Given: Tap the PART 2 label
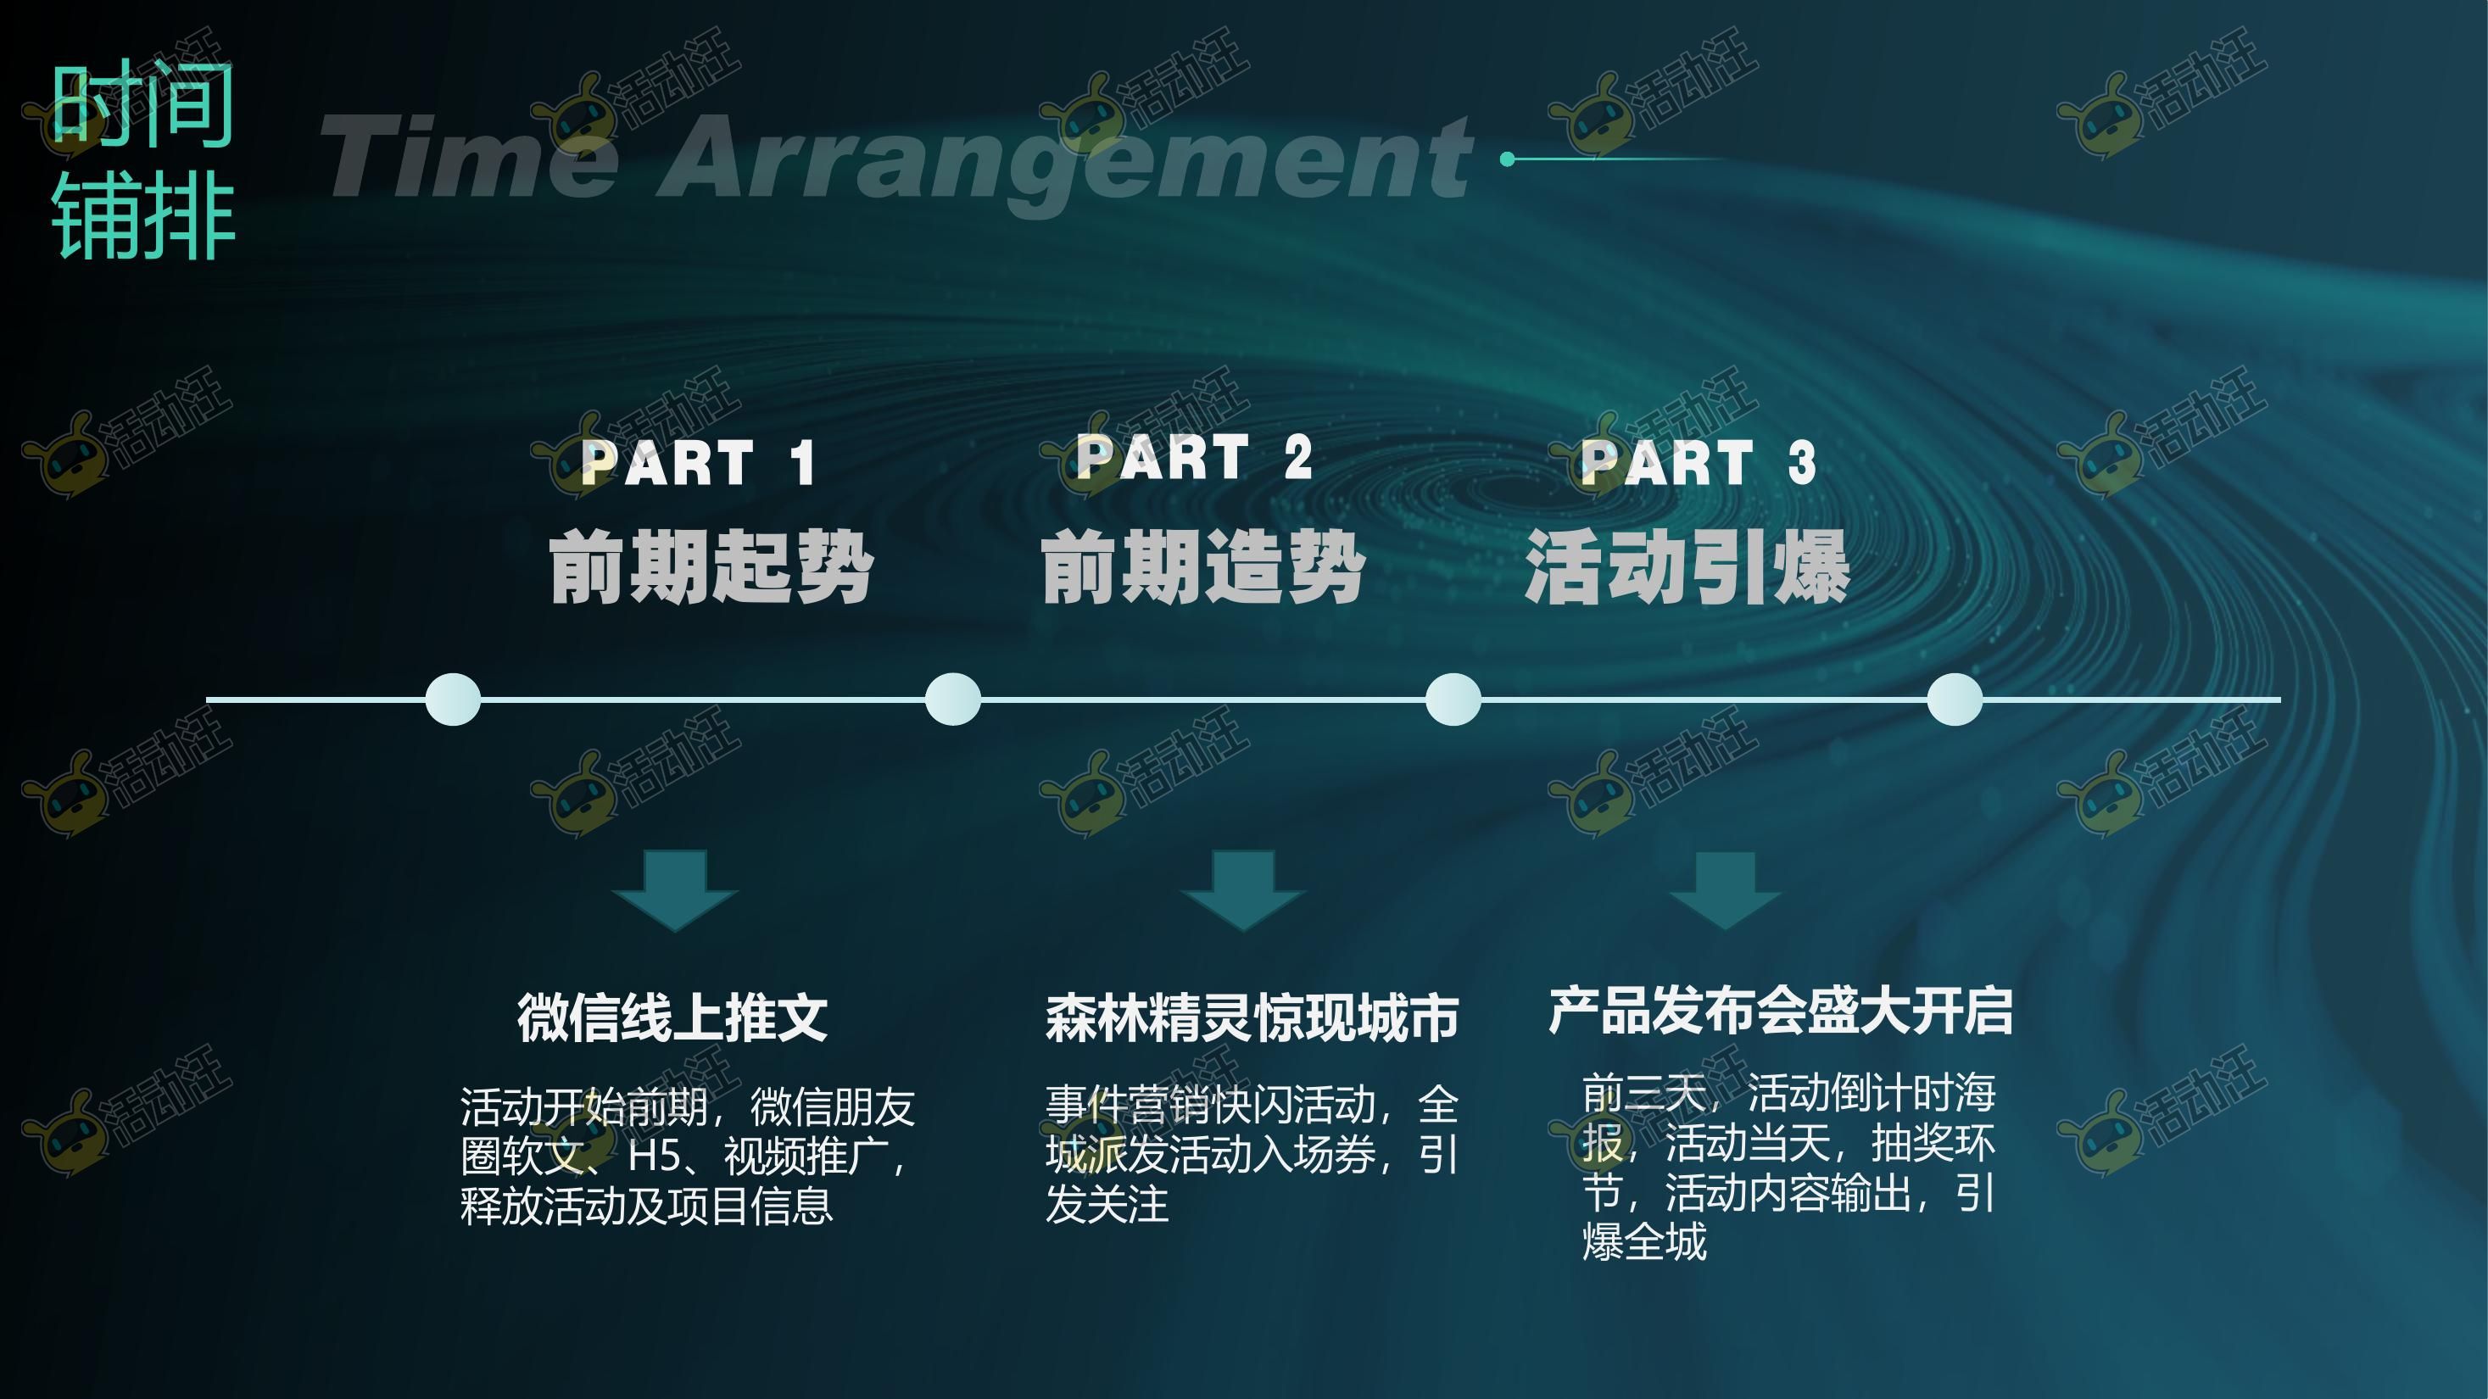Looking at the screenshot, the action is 1194,457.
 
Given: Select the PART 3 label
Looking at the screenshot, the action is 1698,461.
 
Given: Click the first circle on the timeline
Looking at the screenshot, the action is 453,699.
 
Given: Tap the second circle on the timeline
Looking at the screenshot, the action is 953,699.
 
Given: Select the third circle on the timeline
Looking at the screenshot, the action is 1453,699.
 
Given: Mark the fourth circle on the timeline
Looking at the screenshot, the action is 1955,699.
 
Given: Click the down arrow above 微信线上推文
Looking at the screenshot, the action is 675,890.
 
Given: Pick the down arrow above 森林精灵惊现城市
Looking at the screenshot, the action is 1243,890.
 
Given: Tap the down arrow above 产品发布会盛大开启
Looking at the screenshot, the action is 1725,890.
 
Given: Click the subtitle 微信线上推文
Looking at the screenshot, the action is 672,1017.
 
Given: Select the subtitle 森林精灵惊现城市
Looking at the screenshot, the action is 1252,1017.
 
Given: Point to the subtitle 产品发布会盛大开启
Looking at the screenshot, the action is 1780,1011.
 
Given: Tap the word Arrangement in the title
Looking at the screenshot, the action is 1068,160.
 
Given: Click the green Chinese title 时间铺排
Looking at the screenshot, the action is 143,159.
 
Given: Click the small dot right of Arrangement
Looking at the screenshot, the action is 1508,159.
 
